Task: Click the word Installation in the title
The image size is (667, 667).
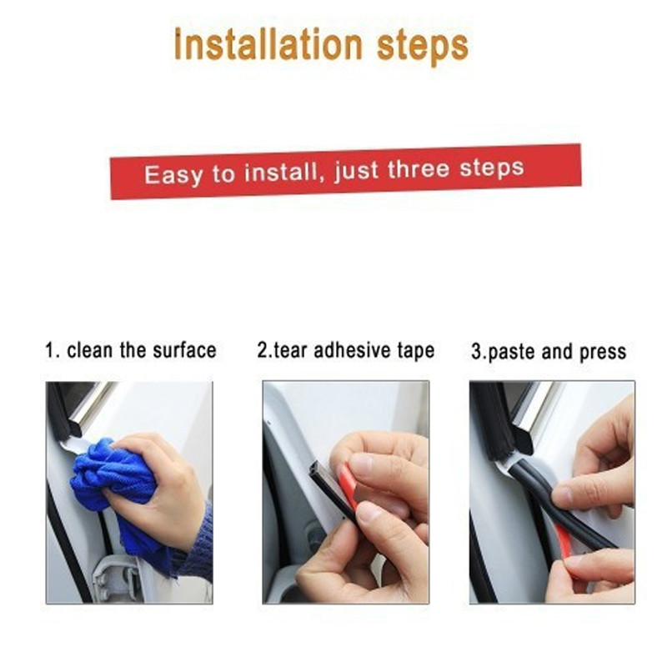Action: pos(268,44)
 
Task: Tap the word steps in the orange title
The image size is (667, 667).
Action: pos(423,47)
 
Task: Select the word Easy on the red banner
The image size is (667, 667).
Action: pos(173,175)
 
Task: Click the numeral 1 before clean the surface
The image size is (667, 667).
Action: pos(51,351)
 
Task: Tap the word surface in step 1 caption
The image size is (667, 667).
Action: pos(184,350)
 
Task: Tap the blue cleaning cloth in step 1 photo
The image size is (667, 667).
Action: pos(115,489)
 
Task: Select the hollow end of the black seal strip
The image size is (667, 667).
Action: pos(316,470)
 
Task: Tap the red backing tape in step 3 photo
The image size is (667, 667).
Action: pos(566,547)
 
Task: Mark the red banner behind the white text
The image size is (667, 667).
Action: pos(346,171)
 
